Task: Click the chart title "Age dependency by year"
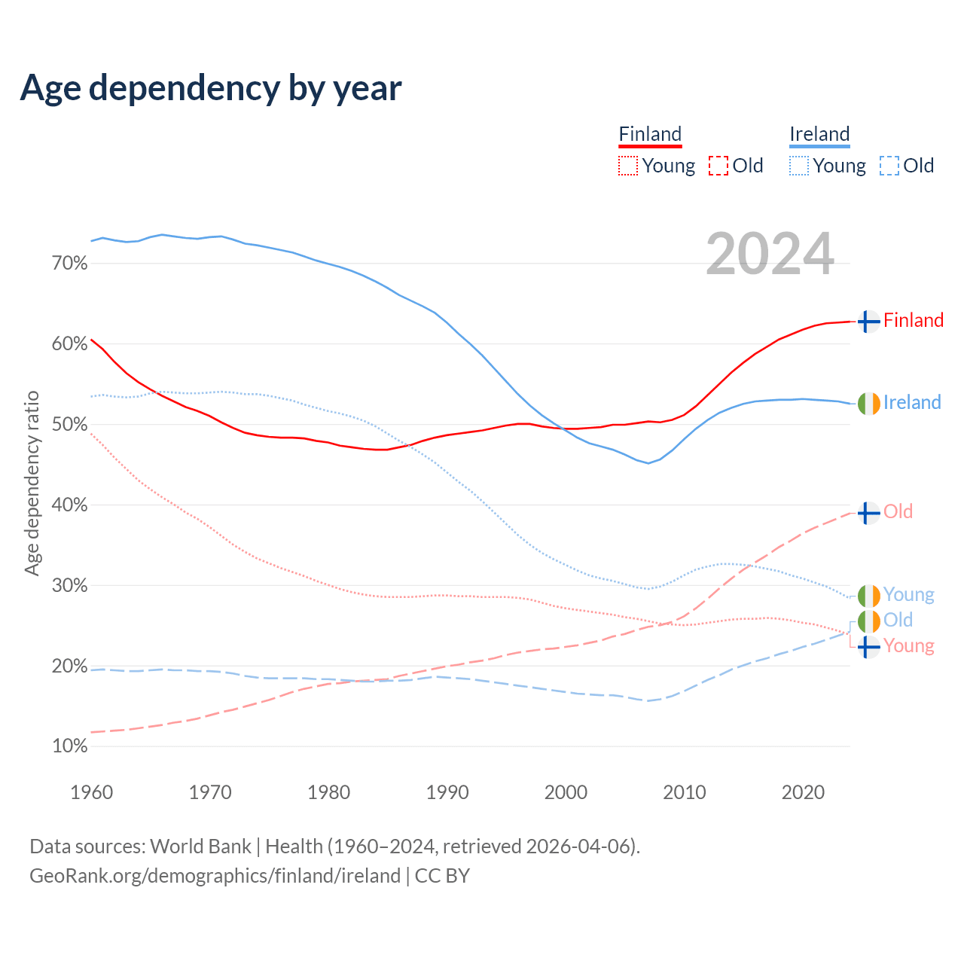point(211,88)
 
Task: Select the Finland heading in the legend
point(650,134)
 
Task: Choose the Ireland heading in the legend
point(819,134)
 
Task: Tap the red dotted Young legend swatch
point(627,166)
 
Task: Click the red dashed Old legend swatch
point(718,166)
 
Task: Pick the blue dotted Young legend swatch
point(798,166)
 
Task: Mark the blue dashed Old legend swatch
point(889,166)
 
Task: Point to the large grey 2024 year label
point(770,254)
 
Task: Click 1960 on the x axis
point(91,792)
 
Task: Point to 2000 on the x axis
point(566,792)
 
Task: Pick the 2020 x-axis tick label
point(803,792)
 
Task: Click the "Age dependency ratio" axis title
point(32,483)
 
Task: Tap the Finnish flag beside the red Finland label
point(868,322)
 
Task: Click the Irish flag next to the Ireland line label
point(868,404)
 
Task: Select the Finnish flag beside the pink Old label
point(868,513)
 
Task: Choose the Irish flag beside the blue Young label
point(868,596)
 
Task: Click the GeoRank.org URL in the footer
point(215,876)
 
